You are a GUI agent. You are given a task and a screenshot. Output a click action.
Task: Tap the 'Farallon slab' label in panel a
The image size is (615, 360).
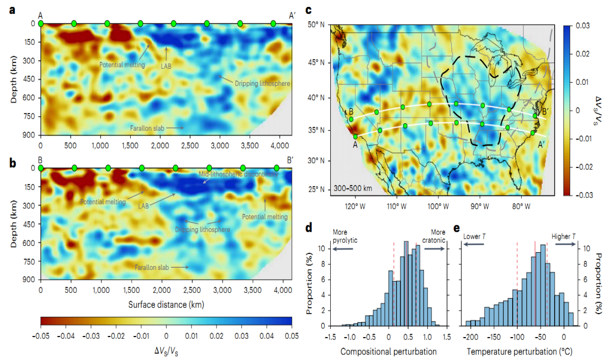pos(148,128)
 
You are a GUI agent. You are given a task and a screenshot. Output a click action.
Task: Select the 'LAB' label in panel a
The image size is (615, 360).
pos(166,65)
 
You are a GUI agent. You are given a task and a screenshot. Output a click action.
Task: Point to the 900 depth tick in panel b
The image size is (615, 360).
pos(28,280)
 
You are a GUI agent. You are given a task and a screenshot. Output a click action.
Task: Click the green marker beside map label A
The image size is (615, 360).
pos(355,137)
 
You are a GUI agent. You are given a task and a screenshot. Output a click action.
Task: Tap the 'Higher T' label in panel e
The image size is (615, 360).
pos(563,236)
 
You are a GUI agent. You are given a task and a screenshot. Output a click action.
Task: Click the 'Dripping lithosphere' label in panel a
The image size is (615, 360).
pos(263,84)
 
